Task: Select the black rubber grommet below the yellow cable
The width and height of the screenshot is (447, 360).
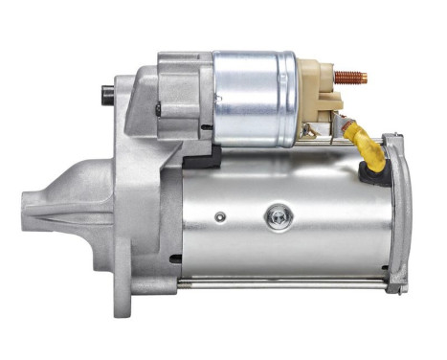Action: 369,173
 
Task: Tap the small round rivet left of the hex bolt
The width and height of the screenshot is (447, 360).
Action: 220,217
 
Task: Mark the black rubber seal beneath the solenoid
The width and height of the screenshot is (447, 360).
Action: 202,159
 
